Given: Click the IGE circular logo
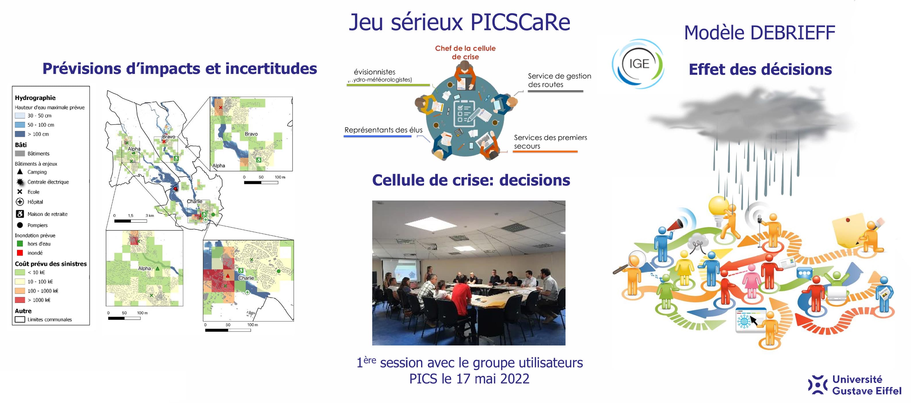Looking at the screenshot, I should point(638,64).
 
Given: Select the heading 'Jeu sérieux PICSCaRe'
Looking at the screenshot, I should point(459,22).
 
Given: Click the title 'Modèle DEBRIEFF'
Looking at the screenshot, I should point(759,33).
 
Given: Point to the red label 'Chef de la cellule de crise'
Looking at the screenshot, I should point(465,52).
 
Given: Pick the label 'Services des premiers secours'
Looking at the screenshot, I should point(550,142).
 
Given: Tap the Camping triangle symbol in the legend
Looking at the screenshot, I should point(20,172).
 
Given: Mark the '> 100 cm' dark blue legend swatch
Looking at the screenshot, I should point(20,134).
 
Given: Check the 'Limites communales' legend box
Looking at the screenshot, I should point(20,320).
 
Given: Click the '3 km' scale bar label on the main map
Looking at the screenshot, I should point(150,215).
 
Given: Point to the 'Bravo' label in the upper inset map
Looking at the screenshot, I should point(251,134).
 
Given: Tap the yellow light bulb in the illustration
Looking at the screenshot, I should point(718,206).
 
